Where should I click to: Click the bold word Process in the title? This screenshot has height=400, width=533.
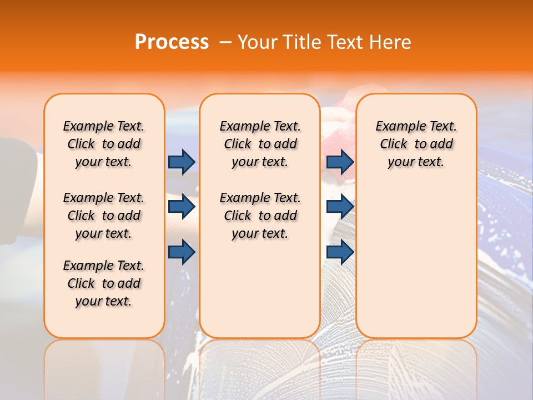coord(172,42)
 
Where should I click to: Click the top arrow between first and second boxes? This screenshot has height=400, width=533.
coord(182,162)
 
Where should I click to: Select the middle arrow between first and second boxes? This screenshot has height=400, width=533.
coord(182,207)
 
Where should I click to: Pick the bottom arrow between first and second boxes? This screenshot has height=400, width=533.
coord(182,252)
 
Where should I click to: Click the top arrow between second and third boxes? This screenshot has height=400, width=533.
coord(340,162)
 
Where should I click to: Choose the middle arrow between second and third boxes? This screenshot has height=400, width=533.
coord(340,207)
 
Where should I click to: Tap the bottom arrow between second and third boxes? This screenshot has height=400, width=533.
coord(340,252)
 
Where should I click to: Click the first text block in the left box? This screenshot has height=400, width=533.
coord(104,144)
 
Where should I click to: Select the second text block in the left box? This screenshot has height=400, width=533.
coord(104,216)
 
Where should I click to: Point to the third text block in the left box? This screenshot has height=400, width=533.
coord(104,283)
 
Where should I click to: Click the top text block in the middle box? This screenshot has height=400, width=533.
coord(260,144)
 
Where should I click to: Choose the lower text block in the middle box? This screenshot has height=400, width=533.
coord(260,216)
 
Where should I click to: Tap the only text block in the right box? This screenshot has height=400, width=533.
coord(416,144)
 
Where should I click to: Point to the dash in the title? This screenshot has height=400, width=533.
coord(225,42)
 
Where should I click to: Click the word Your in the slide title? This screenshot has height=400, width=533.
coord(258,42)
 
